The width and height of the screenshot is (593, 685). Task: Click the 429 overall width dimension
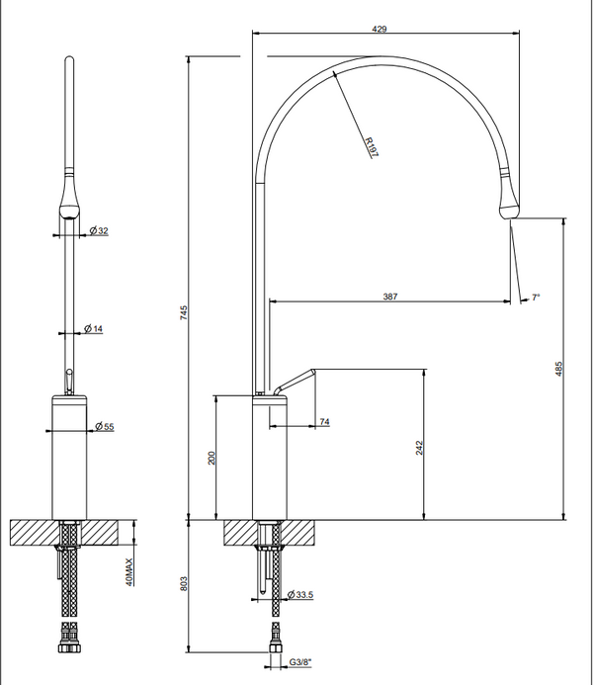[x=379, y=30]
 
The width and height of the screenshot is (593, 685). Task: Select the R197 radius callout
[x=369, y=148]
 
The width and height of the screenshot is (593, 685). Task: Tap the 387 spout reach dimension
[x=392, y=296]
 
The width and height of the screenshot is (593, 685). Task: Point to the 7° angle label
[x=536, y=297]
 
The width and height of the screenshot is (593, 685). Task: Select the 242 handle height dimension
[x=419, y=447]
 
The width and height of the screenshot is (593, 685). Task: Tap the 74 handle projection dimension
[x=324, y=423]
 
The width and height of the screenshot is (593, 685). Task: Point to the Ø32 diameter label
[x=99, y=230]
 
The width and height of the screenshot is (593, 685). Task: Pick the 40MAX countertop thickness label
[x=128, y=570]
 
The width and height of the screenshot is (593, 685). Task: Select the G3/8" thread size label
[x=301, y=663]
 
